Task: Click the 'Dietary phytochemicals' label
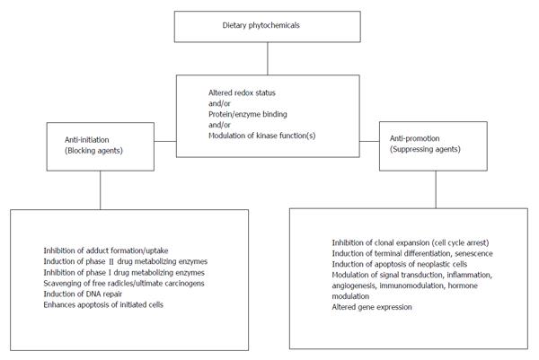pos(261,25)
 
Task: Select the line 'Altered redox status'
pos(242,92)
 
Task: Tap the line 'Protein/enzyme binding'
pos(248,114)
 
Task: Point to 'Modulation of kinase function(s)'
pos(262,136)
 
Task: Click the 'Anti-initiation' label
pos(86,140)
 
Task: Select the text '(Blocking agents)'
pos(93,151)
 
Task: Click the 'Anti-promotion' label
pos(414,138)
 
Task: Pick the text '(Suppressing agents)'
pos(425,149)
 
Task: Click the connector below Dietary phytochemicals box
pos(268,58)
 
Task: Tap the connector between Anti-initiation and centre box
pos(165,141)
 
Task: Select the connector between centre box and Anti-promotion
pos(369,141)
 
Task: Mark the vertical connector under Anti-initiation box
pos(101,190)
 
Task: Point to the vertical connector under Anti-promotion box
pos(436,189)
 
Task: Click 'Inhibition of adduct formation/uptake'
pos(106,250)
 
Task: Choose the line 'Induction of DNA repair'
pos(83,294)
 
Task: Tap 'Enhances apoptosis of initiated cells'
pos(103,304)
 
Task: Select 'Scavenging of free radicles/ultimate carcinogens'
pos(124,284)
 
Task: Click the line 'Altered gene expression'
pos(372,307)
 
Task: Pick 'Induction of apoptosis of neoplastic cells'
pos(400,264)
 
